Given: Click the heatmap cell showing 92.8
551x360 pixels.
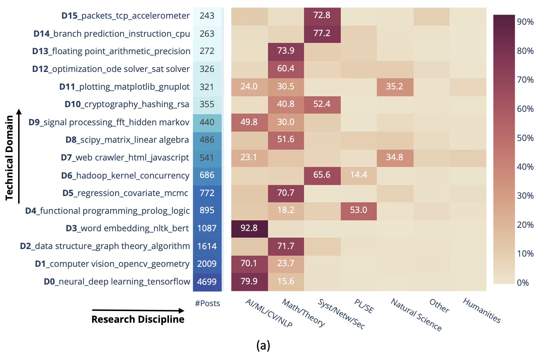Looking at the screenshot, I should [x=249, y=228].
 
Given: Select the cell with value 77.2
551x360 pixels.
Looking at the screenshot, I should [x=322, y=33].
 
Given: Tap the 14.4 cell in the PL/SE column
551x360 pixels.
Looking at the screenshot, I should [x=358, y=175].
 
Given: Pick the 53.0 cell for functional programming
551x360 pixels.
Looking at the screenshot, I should [x=358, y=210].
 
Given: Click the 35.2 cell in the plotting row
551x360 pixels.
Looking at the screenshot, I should [x=395, y=87].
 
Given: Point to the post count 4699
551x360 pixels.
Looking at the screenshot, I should [x=207, y=282].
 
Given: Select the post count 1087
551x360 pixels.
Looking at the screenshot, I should [x=207, y=228].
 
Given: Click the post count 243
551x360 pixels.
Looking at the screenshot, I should [x=207, y=16].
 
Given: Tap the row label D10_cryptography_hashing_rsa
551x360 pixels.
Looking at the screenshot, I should [x=127, y=104].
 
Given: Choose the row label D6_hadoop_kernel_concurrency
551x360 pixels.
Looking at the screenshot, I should [x=125, y=176].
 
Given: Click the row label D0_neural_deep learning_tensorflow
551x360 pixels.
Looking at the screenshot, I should [x=117, y=282].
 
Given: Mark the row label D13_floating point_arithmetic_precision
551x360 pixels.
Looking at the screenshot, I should [x=111, y=51].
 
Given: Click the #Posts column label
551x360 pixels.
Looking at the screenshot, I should [x=207, y=303].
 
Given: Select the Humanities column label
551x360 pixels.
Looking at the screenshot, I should [x=482, y=310].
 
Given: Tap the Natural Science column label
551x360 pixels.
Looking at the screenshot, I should [x=416, y=315].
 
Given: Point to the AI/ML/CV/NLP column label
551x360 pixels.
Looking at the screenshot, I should [x=269, y=313].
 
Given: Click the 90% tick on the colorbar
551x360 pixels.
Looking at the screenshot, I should [x=525, y=22].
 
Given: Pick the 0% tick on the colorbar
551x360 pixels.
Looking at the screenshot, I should [x=523, y=283].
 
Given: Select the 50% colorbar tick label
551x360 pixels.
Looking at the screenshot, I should [x=525, y=138].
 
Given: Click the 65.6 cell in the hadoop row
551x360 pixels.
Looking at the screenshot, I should [x=322, y=175].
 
